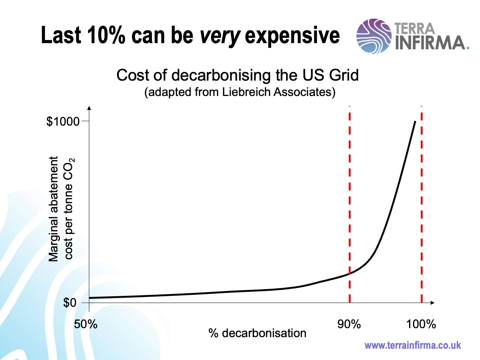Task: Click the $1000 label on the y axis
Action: coord(63,121)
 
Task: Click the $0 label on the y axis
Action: coord(70,303)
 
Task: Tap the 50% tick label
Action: coord(85,324)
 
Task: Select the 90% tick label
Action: coord(349,324)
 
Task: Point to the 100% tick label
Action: coord(421,324)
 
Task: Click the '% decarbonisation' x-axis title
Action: coord(257,333)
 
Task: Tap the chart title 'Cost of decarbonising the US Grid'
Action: coord(237,75)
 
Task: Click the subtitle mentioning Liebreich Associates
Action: coord(240,92)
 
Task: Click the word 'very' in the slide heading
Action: coord(220,36)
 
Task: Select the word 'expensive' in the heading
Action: coord(292,36)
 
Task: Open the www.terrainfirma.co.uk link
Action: coord(412,345)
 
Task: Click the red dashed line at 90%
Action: coord(349,187)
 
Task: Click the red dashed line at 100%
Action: coord(422,187)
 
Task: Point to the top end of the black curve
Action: coord(415,122)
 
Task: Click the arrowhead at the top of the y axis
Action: coord(89,108)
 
